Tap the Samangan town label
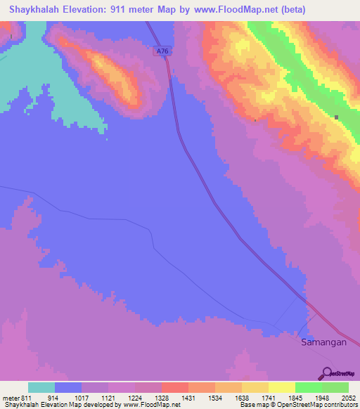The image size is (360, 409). click(323, 342)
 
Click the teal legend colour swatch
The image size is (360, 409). click(41, 388)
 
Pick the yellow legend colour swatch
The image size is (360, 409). click(281, 388)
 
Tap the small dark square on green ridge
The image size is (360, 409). click(337, 117)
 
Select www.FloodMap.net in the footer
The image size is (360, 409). click(151, 404)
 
